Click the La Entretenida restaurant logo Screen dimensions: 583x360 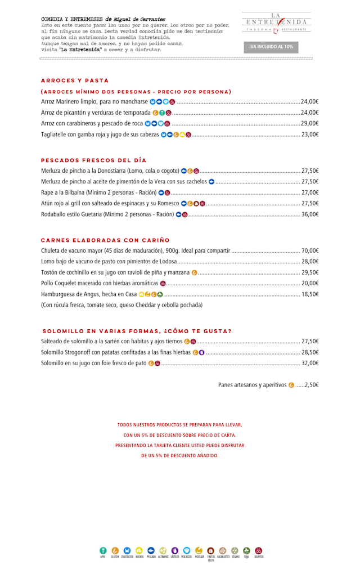[x=276, y=22]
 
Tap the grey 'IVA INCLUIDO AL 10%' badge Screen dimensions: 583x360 [x=271, y=47]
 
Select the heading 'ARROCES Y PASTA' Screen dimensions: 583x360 [x=75, y=80]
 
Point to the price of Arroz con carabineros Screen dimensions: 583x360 [x=309, y=123]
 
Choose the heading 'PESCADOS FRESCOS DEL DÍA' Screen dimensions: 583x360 [x=93, y=160]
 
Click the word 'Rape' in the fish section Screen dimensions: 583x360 [x=47, y=192]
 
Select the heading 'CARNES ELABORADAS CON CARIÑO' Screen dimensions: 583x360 [x=105, y=240]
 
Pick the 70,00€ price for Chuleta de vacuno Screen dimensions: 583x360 [x=310, y=250]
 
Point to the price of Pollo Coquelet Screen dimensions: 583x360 [x=310, y=283]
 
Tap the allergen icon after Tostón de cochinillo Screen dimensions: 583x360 [x=195, y=272]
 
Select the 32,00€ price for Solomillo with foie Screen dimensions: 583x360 [x=310, y=363]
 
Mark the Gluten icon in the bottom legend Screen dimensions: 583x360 [x=115, y=550]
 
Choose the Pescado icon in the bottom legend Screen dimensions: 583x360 [x=151, y=550]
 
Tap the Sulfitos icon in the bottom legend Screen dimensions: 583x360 [x=258, y=550]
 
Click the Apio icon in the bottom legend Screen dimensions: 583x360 [x=103, y=550]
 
